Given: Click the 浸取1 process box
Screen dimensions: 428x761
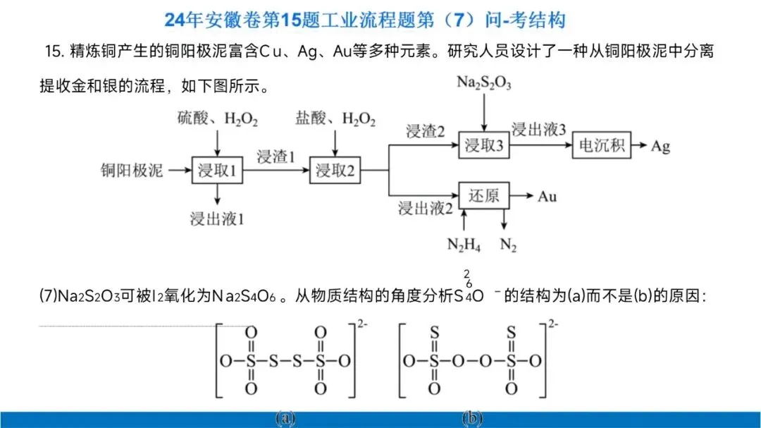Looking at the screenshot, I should pyautogui.click(x=217, y=171).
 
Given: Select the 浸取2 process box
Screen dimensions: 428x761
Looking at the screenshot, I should pyautogui.click(x=335, y=171).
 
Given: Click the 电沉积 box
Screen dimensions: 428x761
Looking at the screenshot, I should pyautogui.click(x=602, y=146).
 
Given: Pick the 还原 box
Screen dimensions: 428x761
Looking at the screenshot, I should pyautogui.click(x=483, y=195).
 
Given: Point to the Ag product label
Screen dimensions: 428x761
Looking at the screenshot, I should pyautogui.click(x=660, y=146).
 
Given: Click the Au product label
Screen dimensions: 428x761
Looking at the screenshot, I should pyautogui.click(x=547, y=195).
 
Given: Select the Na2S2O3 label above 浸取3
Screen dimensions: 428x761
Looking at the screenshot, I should pyautogui.click(x=483, y=83).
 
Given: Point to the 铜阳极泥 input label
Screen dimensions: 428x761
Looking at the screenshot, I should pyautogui.click(x=132, y=171).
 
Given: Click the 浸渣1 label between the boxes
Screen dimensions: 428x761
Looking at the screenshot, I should pyautogui.click(x=276, y=157).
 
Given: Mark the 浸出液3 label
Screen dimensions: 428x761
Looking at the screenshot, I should pyautogui.click(x=539, y=130).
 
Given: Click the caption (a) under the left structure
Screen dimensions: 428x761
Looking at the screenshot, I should pyautogui.click(x=285, y=418).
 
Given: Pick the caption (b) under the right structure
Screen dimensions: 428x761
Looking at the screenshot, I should pyautogui.click(x=473, y=418).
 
